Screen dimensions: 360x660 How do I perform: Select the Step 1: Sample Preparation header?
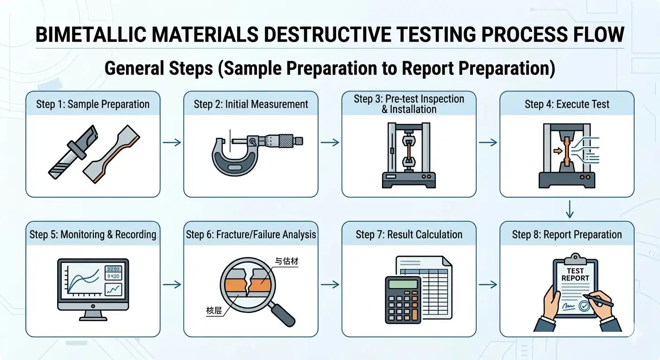(x=93, y=104)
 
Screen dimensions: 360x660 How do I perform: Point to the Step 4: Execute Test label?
(x=567, y=104)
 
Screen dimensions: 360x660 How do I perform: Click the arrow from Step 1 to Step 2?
(x=171, y=142)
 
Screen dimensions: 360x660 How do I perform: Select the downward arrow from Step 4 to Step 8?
(x=570, y=210)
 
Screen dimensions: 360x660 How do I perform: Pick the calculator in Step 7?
(x=403, y=300)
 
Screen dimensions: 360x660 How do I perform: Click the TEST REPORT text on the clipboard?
(x=575, y=274)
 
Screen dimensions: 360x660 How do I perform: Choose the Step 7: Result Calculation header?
(x=409, y=234)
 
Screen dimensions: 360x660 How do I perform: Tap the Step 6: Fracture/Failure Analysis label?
(x=251, y=234)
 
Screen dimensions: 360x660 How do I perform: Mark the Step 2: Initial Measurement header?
(x=251, y=104)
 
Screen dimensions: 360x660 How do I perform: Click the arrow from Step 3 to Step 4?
(x=487, y=142)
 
